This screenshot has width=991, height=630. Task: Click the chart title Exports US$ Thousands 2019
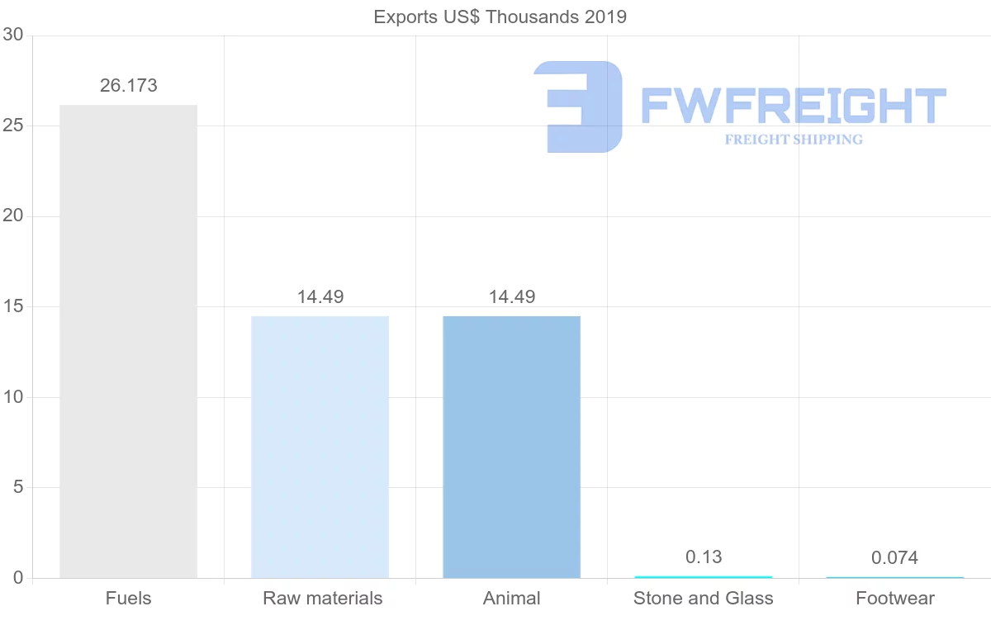tap(500, 17)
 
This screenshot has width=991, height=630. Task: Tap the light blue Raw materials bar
tap(320, 447)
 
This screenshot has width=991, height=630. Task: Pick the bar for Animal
tap(511, 447)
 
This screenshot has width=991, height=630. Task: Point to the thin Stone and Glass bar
tap(703, 576)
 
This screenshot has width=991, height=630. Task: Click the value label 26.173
tap(129, 85)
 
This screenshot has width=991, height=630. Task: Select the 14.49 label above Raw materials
tap(320, 296)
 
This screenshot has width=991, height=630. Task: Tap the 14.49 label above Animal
tap(512, 296)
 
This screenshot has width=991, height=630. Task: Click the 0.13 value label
tap(704, 557)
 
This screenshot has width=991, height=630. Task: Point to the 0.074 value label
tap(894, 558)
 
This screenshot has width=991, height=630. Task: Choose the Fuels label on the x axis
tap(129, 598)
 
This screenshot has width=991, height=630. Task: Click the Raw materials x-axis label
tap(322, 598)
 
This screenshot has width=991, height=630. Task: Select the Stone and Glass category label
tap(704, 598)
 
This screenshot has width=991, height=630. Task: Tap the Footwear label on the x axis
tap(895, 598)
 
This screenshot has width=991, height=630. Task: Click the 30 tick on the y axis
tap(12, 35)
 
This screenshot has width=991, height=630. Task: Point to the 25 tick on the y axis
tap(12, 126)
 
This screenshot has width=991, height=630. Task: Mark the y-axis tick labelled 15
tap(12, 306)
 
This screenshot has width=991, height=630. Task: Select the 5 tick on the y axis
tap(17, 487)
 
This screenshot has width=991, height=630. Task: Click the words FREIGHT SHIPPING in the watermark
tap(794, 140)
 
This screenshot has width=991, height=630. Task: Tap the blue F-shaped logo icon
tap(578, 107)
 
